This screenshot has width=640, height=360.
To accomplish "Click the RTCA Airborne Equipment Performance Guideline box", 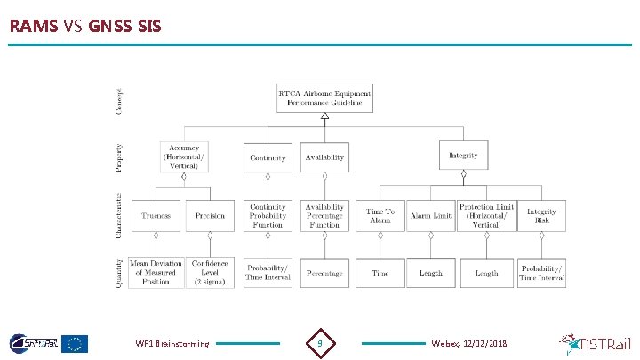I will click(324, 98).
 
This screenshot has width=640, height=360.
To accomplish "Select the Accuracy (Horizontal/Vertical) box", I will click(184, 157).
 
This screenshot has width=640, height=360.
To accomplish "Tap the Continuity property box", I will click(268, 157).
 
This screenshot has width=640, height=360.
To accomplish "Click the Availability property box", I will click(324, 157).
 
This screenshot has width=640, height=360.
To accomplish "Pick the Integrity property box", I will click(463, 156).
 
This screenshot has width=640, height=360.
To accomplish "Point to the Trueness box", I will click(156, 216).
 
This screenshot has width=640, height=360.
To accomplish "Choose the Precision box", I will click(210, 216).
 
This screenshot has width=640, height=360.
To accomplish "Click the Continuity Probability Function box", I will click(268, 215).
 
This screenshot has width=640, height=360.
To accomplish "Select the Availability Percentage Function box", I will click(324, 215).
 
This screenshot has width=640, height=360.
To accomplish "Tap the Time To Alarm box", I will click(380, 216).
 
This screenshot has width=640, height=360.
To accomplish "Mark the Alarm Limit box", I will click(430, 216).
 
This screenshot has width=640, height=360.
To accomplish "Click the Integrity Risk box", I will click(541, 216).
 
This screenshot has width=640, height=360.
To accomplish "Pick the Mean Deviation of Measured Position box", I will click(156, 272).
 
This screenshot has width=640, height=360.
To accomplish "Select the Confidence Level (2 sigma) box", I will click(210, 272).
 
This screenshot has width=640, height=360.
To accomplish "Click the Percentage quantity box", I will click(324, 273).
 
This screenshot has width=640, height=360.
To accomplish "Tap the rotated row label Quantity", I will click(118, 272).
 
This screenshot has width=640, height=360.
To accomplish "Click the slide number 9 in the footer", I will click(320, 342).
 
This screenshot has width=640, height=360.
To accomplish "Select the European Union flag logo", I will click(74, 342).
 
